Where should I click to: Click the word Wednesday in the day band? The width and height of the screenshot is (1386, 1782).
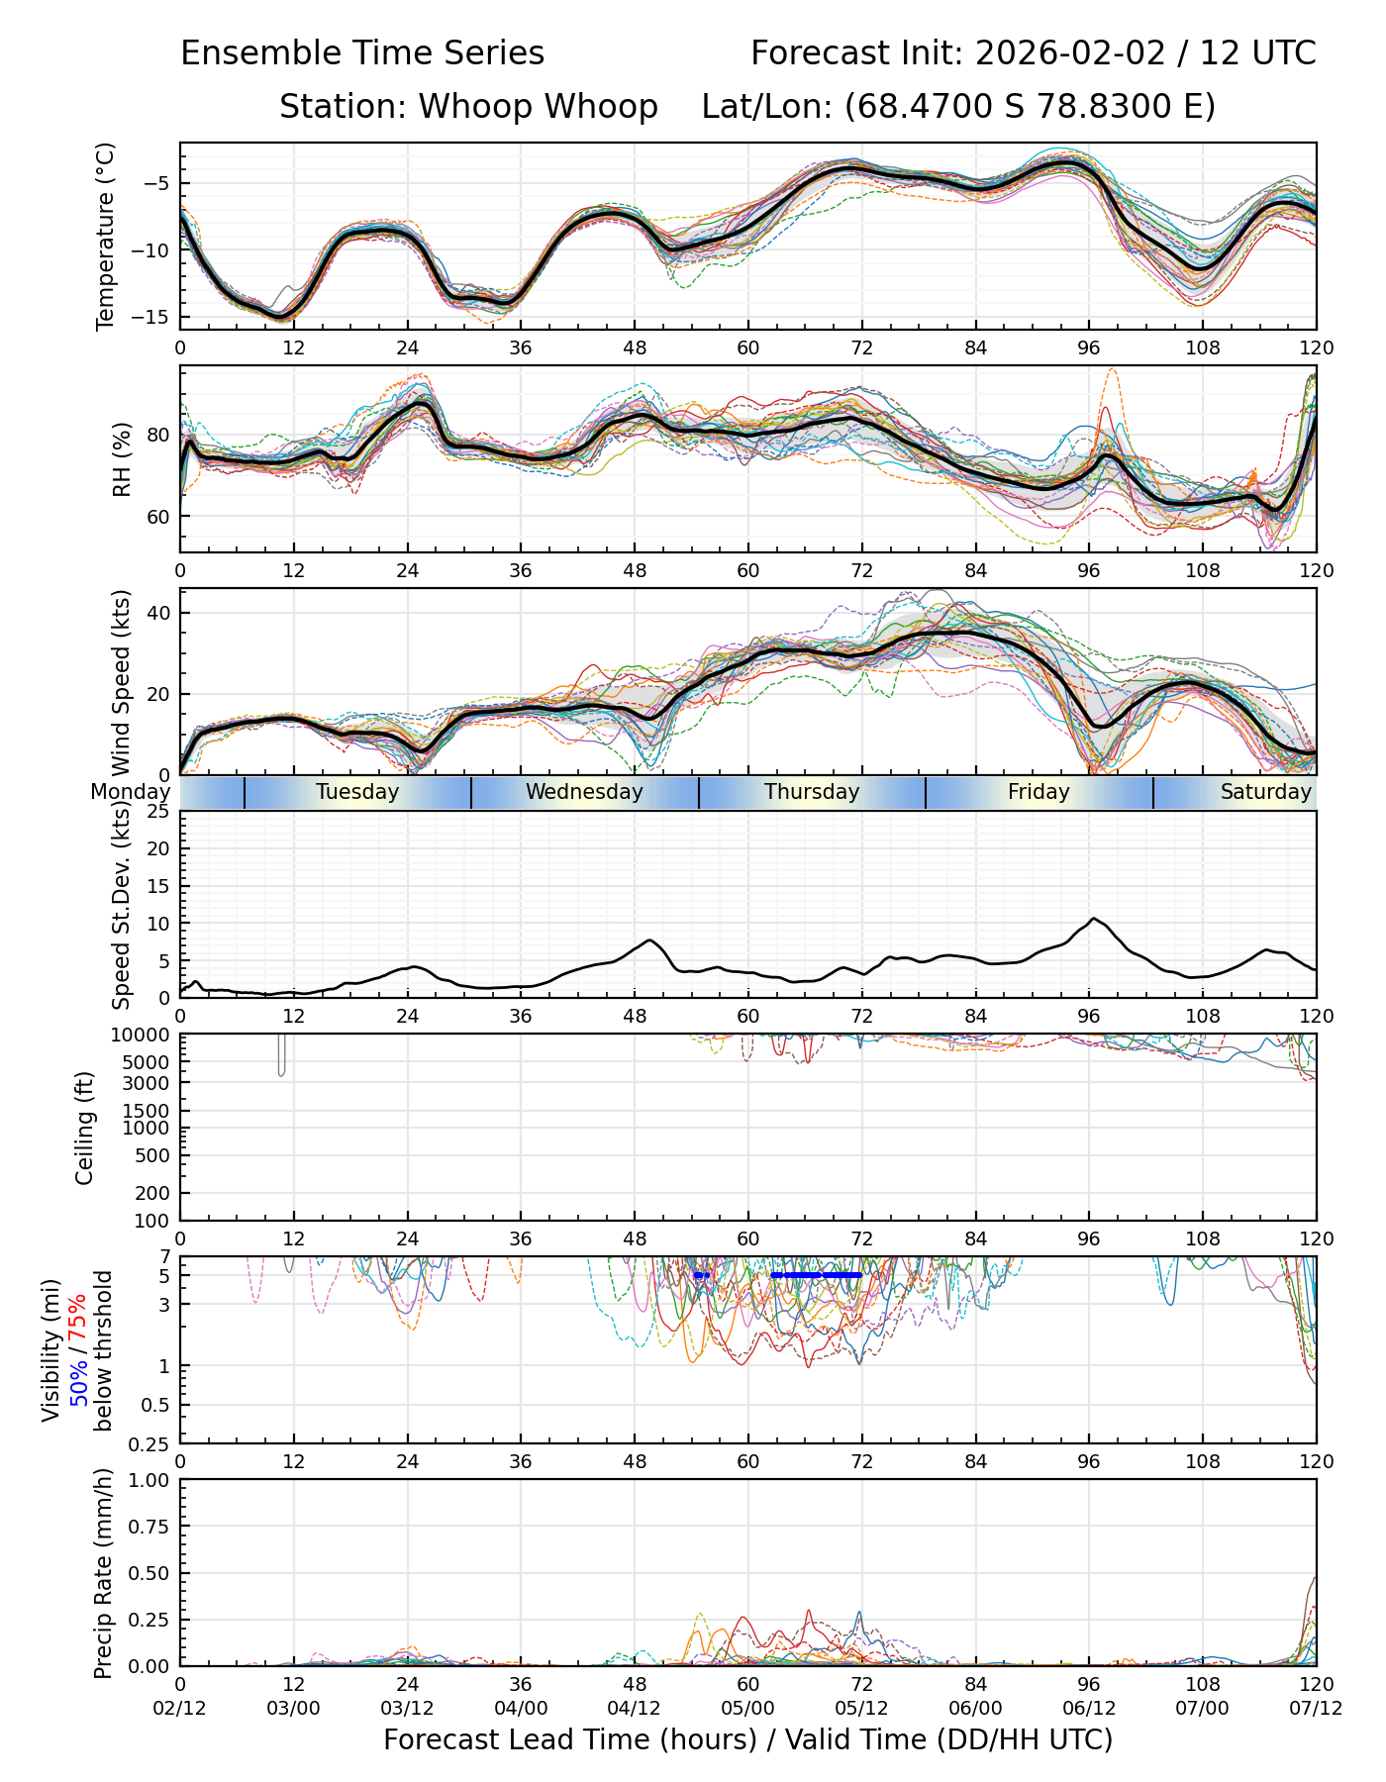coord(584,792)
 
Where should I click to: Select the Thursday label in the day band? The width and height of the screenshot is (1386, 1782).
coord(812,792)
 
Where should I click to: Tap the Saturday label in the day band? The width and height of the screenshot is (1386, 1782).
coord(1265,792)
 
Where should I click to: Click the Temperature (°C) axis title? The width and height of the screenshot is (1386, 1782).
coord(106,236)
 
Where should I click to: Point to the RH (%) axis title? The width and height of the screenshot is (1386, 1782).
coord(122,459)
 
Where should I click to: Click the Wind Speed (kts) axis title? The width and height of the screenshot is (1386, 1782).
coord(122,682)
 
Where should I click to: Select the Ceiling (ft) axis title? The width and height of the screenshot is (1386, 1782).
coord(85,1128)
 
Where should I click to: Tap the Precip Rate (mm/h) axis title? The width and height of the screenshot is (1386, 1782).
coord(103,1573)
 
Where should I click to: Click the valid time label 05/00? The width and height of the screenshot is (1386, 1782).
coord(748,1709)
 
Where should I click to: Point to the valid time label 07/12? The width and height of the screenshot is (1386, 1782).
coord(1316,1709)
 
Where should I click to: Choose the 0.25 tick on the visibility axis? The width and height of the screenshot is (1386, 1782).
coord(148,1443)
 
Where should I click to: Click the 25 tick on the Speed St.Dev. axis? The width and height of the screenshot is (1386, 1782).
coord(159,812)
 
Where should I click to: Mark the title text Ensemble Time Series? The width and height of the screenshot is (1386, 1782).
coord(362,53)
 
